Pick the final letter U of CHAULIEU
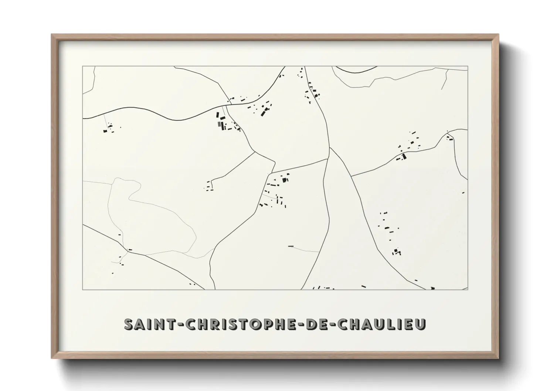421,324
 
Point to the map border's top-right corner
468,67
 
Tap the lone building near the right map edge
463,193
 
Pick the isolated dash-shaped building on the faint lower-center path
291,246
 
